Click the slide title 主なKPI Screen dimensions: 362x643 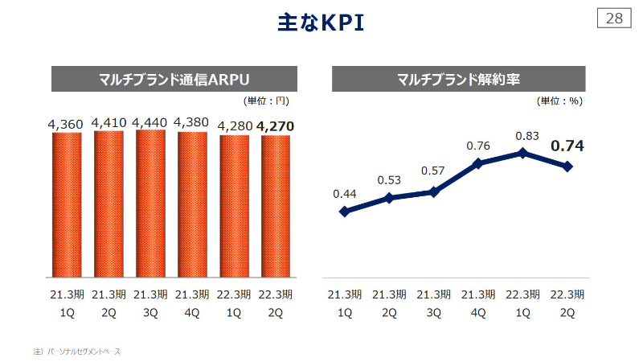pos(321,23)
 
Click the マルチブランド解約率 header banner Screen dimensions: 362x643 pos(458,79)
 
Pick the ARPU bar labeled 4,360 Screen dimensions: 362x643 pos(67,204)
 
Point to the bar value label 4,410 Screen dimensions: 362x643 pos(109,122)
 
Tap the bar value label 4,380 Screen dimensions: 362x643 pos(192,122)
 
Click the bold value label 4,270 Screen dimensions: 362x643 pos(276,125)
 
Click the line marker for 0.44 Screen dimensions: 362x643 pos(345,212)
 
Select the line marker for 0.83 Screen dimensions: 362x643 pos(523,152)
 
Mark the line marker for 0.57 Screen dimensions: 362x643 pos(434,191)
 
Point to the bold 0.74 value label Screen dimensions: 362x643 pos(567,146)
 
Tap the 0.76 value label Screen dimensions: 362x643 pos(478,146)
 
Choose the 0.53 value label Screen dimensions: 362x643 pos(389,179)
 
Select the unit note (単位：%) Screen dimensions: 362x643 pos(559,101)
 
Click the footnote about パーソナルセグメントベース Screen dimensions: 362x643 pos(76,352)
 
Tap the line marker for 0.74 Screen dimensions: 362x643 pos(567,167)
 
